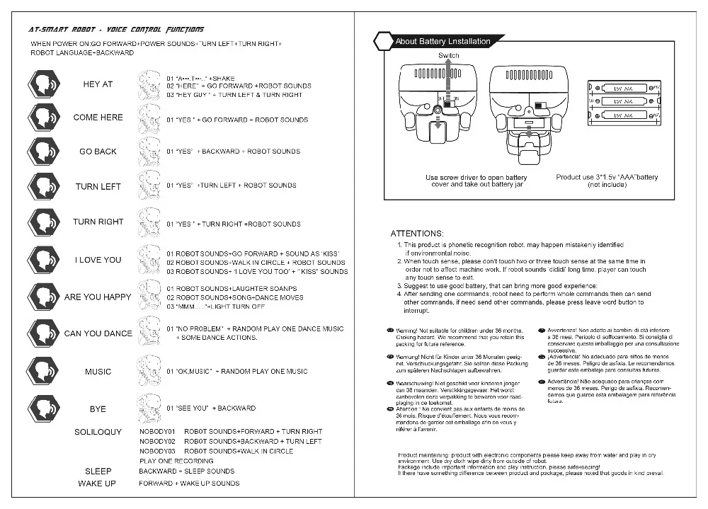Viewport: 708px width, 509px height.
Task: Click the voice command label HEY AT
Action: coord(98,84)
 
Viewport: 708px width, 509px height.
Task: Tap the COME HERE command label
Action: coord(98,118)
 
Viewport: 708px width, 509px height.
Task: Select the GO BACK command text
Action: coord(98,151)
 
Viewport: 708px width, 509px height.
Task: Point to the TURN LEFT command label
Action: coord(98,187)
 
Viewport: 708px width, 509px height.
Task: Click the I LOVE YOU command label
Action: coord(98,260)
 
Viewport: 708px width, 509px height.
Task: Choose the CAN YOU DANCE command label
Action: coord(98,333)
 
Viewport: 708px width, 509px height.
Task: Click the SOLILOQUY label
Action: coord(98,432)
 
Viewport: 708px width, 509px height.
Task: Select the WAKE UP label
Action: coord(97,484)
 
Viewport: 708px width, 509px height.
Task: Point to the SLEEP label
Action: coord(98,471)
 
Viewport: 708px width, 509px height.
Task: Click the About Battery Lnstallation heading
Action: coord(442,42)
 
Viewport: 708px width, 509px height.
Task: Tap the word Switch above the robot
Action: coord(449,55)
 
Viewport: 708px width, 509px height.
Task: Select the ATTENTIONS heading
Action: coord(417,234)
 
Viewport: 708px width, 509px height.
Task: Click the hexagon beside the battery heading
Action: coord(383,41)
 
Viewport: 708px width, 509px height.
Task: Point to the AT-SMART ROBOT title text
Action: coord(116,30)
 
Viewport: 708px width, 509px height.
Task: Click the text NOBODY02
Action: coord(157,441)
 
